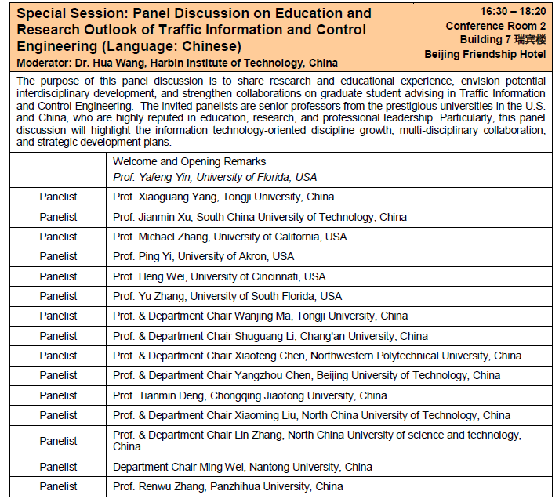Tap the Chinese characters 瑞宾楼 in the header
click(x=529, y=40)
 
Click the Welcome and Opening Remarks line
click(x=189, y=161)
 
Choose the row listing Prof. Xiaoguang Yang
click(x=223, y=197)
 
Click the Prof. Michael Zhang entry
click(x=229, y=237)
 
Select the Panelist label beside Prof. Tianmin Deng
click(x=59, y=395)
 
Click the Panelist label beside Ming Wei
click(x=59, y=467)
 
